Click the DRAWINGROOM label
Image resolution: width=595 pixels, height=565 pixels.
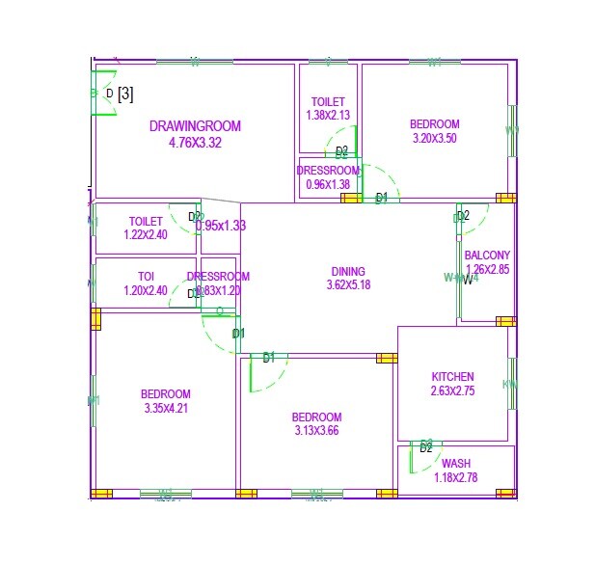coord(195,126)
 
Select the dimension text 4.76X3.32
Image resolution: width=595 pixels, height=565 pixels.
coord(195,143)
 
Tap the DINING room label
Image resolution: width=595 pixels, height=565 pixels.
coord(348,271)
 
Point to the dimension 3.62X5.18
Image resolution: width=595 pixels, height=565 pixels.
coord(348,284)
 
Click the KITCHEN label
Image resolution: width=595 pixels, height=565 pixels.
coord(452,377)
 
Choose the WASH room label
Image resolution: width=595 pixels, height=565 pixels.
coord(456,464)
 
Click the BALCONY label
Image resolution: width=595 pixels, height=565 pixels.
coord(487,256)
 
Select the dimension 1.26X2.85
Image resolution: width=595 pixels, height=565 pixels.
coord(487,269)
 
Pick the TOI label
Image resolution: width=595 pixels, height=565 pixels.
coord(146,276)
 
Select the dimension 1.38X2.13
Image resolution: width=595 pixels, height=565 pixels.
coord(328,115)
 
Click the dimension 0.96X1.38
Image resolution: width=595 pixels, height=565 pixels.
coord(328,184)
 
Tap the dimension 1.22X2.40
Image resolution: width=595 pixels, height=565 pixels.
coord(146,234)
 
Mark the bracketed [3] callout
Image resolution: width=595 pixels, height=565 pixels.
coord(125,94)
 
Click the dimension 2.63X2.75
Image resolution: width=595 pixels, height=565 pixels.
coord(452,390)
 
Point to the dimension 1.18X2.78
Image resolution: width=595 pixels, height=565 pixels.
coord(456,477)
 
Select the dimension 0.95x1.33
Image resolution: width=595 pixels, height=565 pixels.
coord(221,226)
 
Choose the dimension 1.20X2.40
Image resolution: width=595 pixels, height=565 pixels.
coord(146,290)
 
